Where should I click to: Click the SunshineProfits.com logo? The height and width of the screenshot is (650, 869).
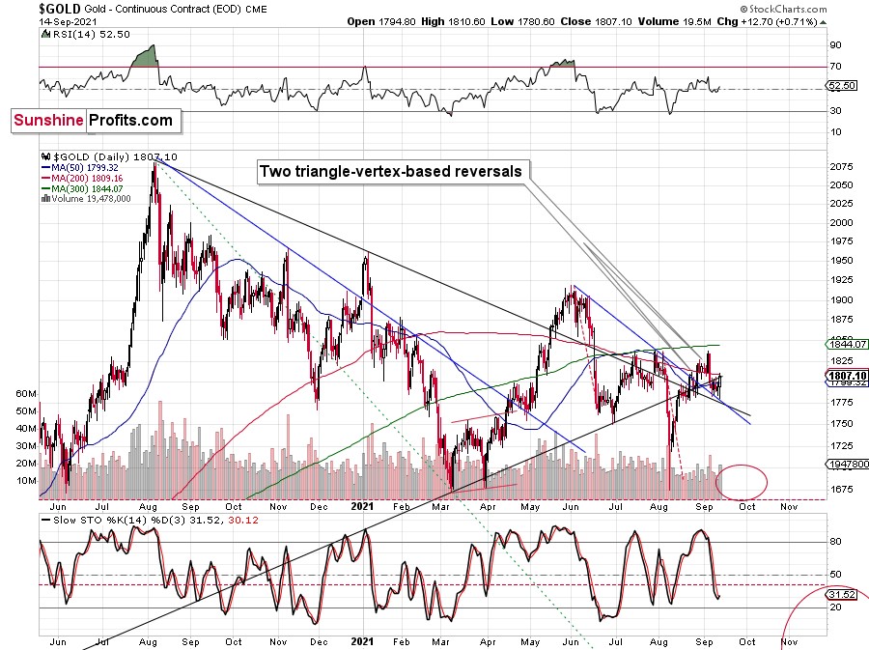click(x=95, y=121)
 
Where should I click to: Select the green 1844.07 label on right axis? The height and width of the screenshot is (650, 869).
click(x=846, y=344)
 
